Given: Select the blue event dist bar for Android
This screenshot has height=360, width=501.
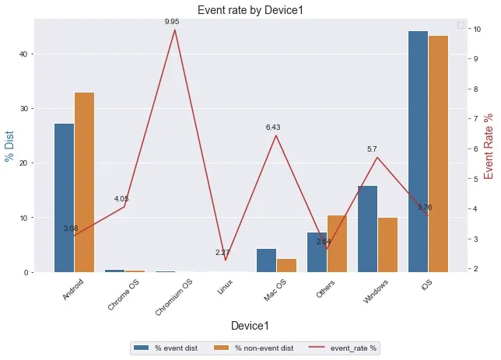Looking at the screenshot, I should (65, 197).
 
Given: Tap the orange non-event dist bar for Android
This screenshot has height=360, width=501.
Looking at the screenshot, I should (84, 182).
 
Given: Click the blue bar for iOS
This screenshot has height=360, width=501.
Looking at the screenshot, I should (419, 152).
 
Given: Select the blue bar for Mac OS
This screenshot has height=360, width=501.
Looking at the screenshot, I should (267, 260).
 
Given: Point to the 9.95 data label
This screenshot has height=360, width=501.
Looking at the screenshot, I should (172, 22).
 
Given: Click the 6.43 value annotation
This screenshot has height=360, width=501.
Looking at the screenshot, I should (273, 127).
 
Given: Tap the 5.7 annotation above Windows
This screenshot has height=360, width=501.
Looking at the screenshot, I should (372, 149).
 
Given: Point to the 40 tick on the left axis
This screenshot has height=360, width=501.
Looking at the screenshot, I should (36, 54).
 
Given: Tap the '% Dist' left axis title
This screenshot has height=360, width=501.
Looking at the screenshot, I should (10, 145).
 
